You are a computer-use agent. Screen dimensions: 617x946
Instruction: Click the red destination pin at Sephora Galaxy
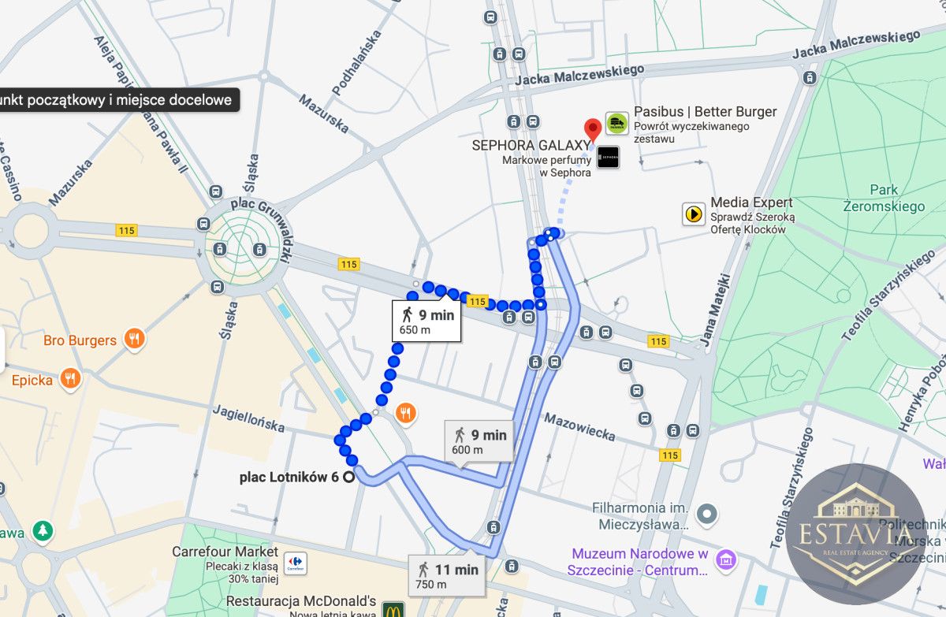coord(592,128)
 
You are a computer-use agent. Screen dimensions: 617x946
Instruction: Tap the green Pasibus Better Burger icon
coord(616,123)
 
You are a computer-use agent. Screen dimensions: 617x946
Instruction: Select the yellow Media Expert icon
coord(694,214)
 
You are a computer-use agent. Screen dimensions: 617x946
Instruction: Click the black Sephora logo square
coord(608,158)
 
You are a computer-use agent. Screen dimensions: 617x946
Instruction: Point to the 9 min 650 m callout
coord(426,322)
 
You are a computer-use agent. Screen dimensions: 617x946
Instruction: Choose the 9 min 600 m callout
coord(479,441)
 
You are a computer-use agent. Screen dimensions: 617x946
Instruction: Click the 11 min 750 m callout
coord(447,575)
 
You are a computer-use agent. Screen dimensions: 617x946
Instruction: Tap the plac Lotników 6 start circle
coord(348,477)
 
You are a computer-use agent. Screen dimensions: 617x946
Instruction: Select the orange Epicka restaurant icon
coord(70,379)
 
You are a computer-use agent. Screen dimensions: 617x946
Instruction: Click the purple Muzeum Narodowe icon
coord(724,561)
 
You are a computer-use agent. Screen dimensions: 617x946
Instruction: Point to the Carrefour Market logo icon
coord(296,564)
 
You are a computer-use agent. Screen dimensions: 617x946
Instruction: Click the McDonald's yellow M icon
coord(393,609)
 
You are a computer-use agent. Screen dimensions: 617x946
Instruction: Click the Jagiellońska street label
coord(248,418)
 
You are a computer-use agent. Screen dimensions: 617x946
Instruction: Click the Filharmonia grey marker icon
coord(707,515)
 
